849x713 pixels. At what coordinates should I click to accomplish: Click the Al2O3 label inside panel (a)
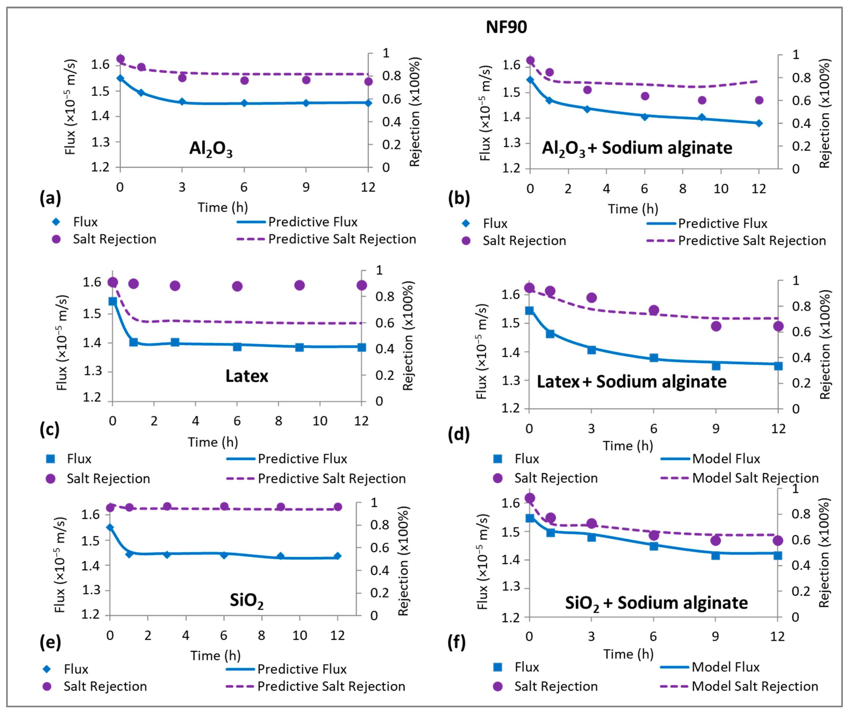[211, 149]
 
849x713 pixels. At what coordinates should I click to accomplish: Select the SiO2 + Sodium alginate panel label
[656, 603]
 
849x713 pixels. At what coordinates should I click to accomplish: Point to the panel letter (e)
[50, 642]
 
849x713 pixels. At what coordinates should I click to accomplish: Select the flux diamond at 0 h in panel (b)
[530, 80]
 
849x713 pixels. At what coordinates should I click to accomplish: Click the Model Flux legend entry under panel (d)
[726, 459]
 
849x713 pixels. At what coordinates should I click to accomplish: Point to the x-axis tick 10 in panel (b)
[720, 189]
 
